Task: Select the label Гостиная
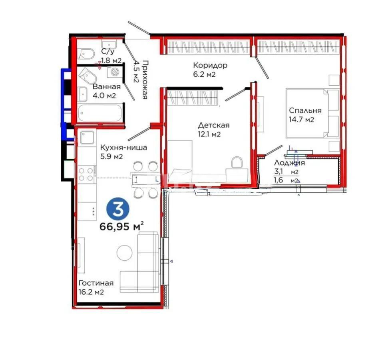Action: click(96, 283)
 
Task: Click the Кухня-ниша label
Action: click(123, 148)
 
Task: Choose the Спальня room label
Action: click(305, 110)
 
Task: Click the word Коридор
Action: click(210, 65)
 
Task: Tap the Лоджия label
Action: click(290, 163)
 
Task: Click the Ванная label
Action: click(107, 87)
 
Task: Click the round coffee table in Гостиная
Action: click(124, 253)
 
